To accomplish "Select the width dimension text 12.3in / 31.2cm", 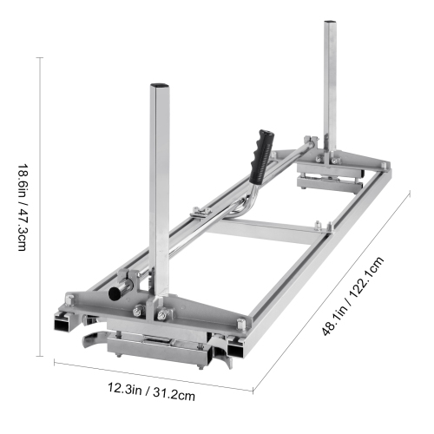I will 152,392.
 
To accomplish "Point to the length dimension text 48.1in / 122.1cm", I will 355,291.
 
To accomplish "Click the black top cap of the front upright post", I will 160,87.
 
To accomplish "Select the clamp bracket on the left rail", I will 198,213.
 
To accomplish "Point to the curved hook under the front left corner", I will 90,339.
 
